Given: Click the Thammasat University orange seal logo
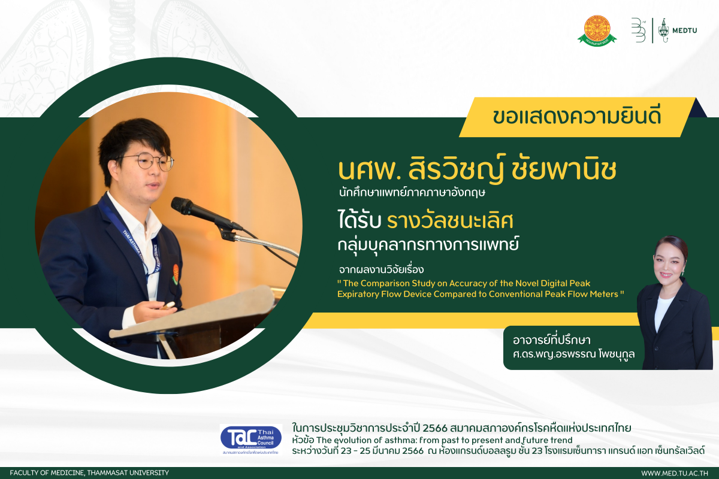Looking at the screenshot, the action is click(597, 31).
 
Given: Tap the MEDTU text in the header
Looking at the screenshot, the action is click(685, 31).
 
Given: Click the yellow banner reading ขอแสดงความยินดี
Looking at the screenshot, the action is click(577, 117).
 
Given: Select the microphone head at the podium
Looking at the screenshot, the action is click(182, 206).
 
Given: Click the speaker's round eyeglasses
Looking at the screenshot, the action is click(151, 162).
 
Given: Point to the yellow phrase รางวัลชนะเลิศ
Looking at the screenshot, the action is click(450, 221).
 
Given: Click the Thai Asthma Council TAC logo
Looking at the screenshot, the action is click(251, 438).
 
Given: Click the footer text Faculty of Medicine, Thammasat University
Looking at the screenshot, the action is click(89, 472).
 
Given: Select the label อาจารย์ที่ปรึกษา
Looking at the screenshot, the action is click(551, 340).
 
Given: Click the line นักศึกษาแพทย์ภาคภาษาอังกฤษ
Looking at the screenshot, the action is click(412, 193).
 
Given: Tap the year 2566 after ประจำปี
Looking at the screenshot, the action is click(434, 428).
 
